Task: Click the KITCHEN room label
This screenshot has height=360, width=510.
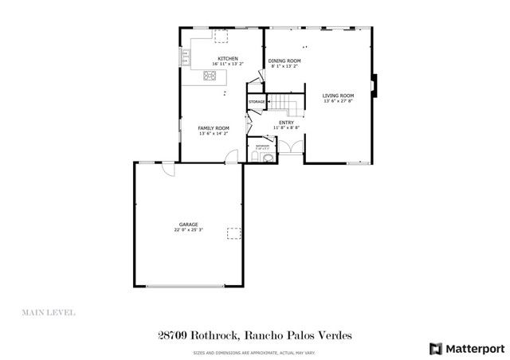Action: point(229,58)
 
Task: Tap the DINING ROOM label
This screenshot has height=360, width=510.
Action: point(284,61)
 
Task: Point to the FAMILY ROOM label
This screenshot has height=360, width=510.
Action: point(214,128)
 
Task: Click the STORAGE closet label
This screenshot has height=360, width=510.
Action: point(257,102)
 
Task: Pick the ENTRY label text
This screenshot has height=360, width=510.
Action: point(286,123)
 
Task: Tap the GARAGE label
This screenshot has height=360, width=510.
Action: point(189,225)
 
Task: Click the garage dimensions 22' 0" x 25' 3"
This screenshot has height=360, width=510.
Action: point(189,230)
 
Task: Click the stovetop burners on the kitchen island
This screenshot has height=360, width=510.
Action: point(211,76)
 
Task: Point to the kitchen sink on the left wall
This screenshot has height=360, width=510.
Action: point(186,57)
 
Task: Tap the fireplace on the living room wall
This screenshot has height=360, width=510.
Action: point(376,84)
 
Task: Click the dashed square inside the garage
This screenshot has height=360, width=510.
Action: point(234,233)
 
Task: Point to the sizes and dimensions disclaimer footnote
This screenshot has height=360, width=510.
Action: point(254,352)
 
